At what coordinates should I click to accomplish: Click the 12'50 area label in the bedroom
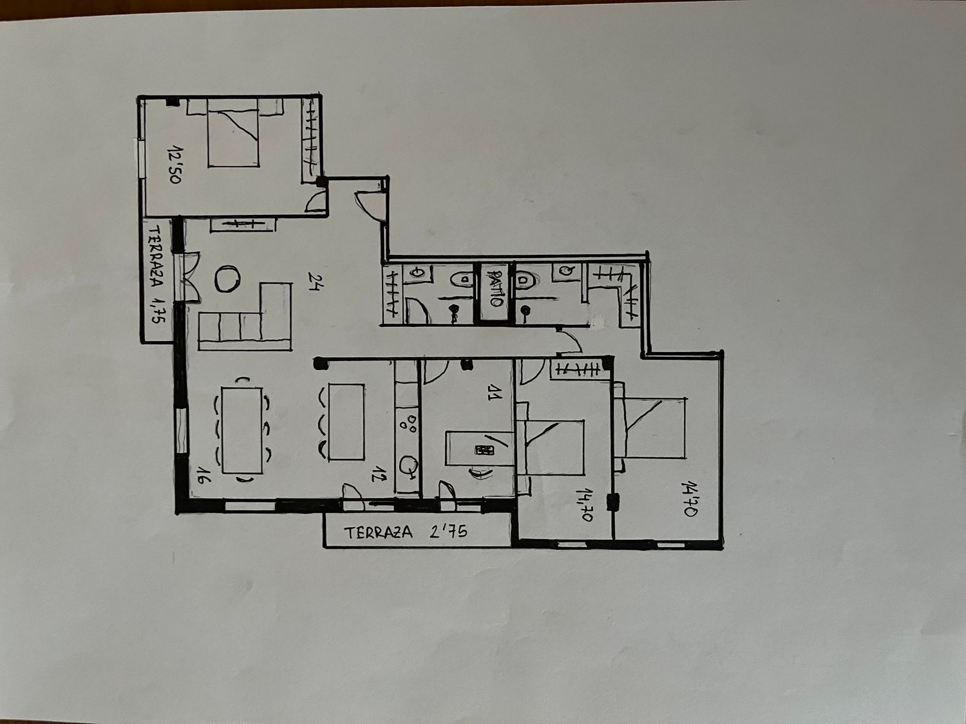175,164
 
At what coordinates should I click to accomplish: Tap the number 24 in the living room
314,282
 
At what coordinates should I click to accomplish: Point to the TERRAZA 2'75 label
405,532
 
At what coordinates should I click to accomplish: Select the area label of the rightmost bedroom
689,499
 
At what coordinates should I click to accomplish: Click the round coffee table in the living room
227,278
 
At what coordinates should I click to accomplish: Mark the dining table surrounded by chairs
242,431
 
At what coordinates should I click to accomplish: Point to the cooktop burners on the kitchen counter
408,423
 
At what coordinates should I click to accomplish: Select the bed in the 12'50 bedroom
234,133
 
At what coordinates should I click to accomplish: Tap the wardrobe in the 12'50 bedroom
310,140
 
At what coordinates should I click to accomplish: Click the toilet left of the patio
462,279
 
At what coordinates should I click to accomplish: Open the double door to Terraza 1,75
188,277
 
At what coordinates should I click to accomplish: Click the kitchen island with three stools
346,422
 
